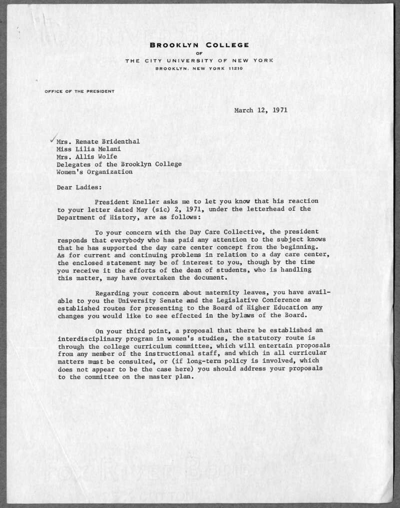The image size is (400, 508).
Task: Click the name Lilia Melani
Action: coord(98,149)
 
